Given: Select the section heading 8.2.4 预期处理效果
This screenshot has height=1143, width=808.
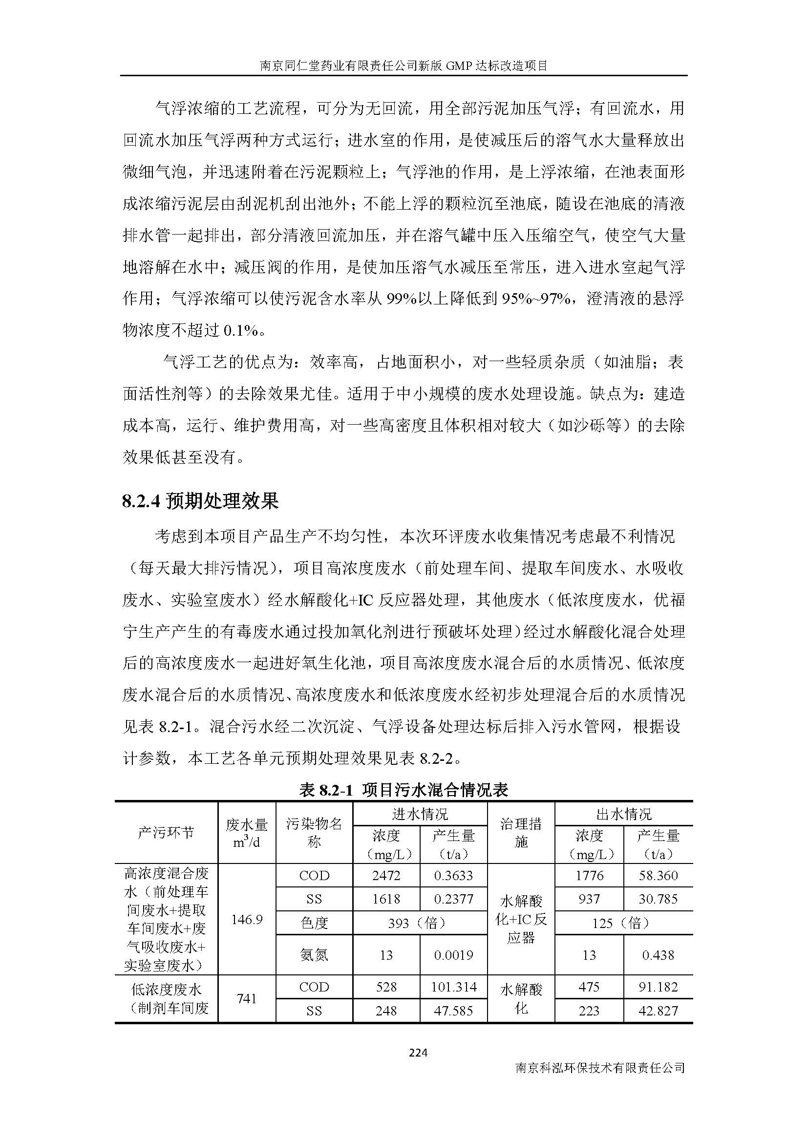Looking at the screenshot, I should tap(200, 501).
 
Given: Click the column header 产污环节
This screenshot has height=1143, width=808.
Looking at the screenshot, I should tap(166, 832).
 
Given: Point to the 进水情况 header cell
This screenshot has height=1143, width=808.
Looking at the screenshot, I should tap(420, 814).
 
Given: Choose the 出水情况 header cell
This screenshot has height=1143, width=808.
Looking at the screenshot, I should tap(623, 814).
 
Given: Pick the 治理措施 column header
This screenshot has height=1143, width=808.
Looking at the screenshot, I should tap(520, 832).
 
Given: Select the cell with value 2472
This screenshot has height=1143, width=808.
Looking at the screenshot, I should tap(386, 875).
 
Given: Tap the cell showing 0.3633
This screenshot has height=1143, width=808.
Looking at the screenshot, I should tap(453, 875).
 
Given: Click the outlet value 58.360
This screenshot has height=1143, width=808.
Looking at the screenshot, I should tap(658, 875).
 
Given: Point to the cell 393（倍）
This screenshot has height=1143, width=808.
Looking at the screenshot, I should tap(420, 923).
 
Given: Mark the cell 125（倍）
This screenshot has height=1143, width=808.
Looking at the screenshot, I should tap(623, 923).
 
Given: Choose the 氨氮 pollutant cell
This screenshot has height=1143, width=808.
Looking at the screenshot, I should tap(314, 955).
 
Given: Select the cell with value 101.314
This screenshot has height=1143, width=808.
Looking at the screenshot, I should tap(453, 987).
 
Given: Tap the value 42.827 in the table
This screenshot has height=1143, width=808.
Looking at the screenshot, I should tap(658, 1011).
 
